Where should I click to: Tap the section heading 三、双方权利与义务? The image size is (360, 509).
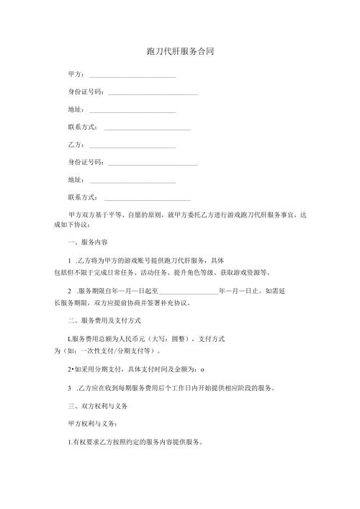[x=96, y=407]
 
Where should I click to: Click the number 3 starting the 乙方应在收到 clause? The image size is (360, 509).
[x=67, y=388]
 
